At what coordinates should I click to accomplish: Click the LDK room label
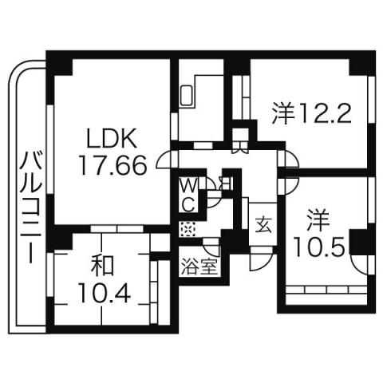(111, 138)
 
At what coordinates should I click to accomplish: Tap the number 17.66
(111, 164)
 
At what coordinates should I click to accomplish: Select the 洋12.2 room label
(311, 113)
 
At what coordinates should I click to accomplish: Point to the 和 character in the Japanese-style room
(102, 267)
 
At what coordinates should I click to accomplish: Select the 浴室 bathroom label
(199, 266)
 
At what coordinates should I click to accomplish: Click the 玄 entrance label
(263, 223)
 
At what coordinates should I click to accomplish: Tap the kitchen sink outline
(188, 97)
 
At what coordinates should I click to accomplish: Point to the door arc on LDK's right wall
(164, 160)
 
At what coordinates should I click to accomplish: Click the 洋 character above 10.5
(318, 217)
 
